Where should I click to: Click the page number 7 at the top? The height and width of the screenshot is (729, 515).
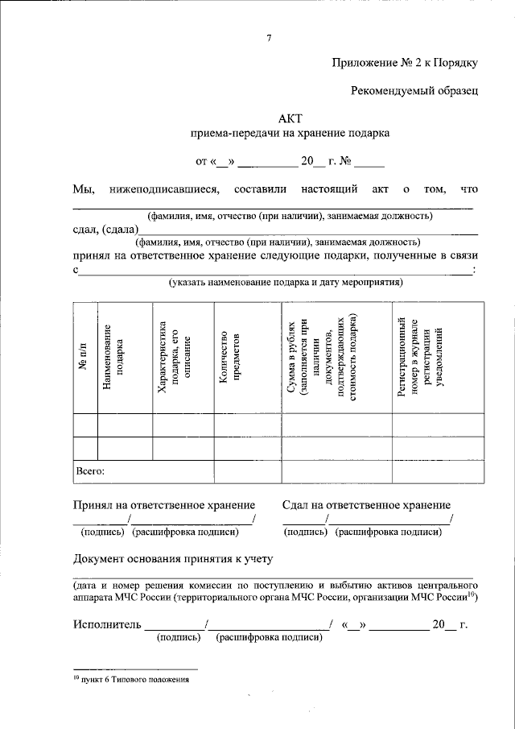click(270, 38)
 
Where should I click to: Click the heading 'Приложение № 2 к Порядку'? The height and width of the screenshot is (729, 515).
click(406, 64)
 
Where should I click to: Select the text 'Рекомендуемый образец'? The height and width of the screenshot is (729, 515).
click(414, 91)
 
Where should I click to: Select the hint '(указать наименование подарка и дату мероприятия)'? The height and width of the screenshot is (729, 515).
click(286, 283)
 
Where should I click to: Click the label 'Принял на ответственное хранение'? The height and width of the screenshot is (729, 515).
click(164, 504)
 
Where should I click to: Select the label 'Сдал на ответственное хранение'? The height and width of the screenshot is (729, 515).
click(366, 504)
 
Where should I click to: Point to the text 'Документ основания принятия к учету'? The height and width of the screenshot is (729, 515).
click(173, 558)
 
